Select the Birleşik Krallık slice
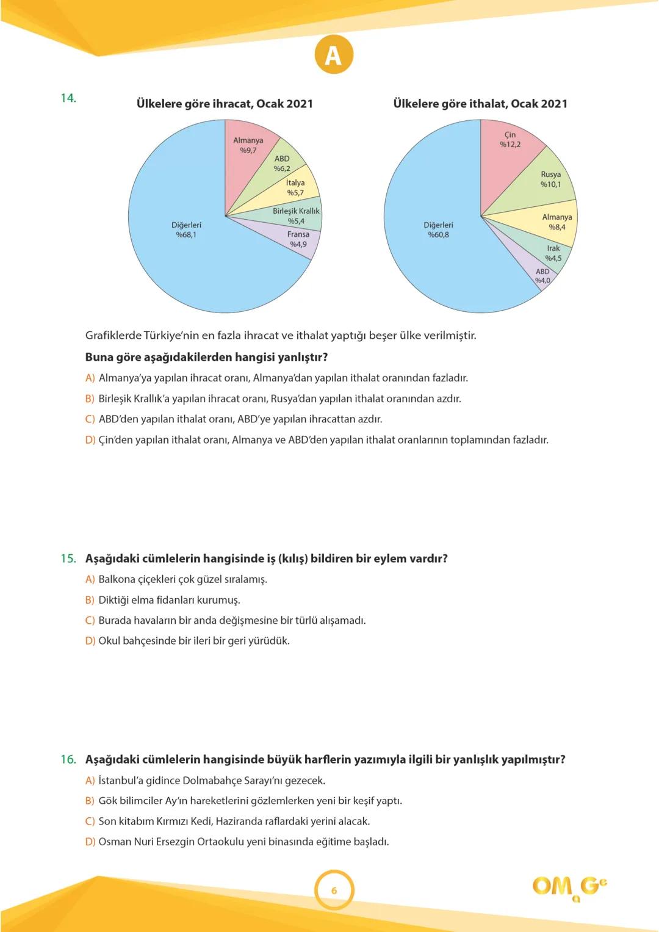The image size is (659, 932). (x=296, y=215)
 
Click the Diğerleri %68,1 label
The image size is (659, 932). (x=186, y=230)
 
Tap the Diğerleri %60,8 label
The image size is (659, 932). (x=438, y=230)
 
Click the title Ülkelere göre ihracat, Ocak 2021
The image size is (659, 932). (x=225, y=104)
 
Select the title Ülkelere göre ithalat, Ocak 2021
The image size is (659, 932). (x=480, y=104)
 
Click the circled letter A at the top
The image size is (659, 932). (x=334, y=55)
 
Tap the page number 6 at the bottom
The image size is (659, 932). (x=334, y=890)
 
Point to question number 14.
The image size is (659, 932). (x=68, y=98)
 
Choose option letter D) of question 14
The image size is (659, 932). (x=90, y=440)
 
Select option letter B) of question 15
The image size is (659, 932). (x=90, y=600)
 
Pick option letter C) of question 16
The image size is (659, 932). (x=90, y=822)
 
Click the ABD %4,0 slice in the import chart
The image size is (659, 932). (x=542, y=276)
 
